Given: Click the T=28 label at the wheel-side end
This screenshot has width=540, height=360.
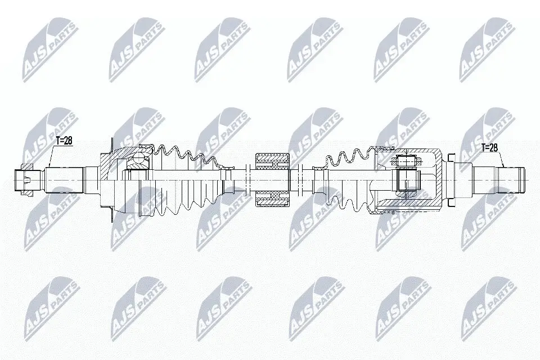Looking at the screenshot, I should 64,141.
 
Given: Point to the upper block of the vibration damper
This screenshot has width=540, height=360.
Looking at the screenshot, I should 272,161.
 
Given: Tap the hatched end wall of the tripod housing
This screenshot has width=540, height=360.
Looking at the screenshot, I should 439,179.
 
